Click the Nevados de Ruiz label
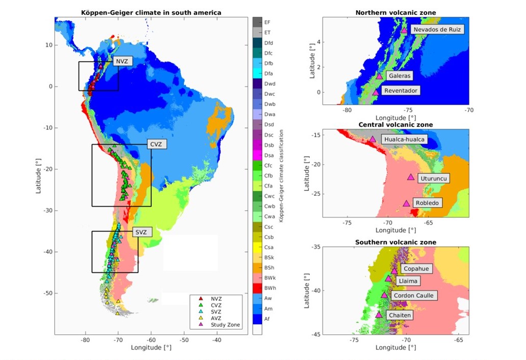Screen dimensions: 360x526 [437, 30]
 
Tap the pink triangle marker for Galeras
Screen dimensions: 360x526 [379, 76]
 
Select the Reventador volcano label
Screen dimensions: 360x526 [401, 90]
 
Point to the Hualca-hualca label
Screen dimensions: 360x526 [404, 139]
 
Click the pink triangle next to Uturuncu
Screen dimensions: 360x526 [411, 177]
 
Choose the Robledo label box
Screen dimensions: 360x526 [427, 202]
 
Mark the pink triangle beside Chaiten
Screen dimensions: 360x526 [378, 315]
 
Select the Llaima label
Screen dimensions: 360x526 [409, 280]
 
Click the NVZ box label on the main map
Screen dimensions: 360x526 [122, 61]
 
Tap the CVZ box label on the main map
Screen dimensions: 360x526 [155, 144]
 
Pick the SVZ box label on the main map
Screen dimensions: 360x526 [140, 232]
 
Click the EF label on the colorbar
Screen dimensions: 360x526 [268, 22]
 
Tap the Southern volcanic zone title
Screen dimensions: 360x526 [395, 242]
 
